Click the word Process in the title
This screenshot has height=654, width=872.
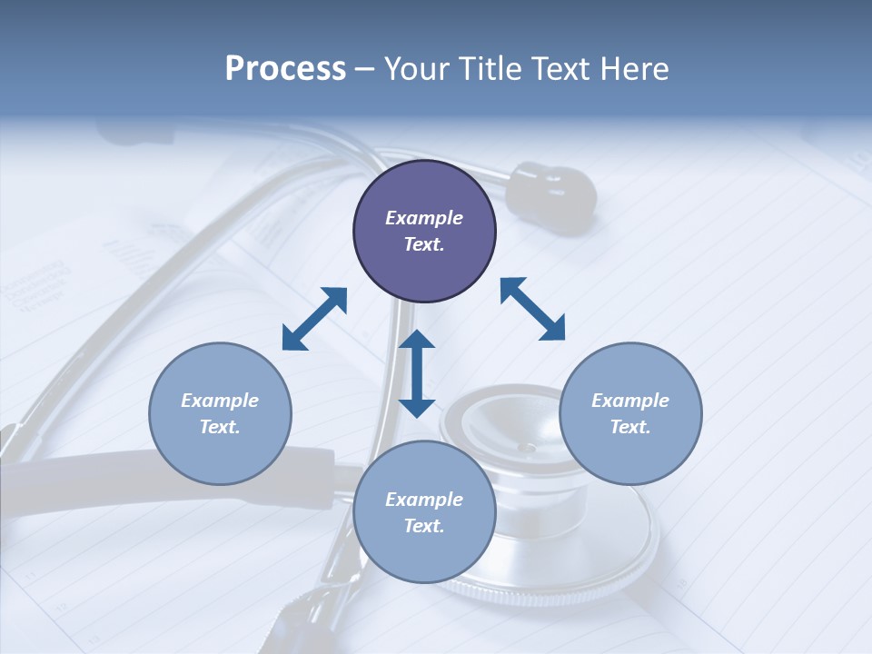point(285,69)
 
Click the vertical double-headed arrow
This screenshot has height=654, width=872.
point(417,373)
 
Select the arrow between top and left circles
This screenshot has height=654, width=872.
point(314,319)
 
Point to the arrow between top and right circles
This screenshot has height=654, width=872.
point(532,309)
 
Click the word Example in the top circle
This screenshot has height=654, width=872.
point(424,218)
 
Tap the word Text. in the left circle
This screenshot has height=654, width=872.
point(220,427)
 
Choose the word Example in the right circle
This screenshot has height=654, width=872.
point(630,401)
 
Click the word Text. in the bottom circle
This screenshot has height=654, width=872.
point(424,526)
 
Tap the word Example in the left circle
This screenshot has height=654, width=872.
point(220,401)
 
